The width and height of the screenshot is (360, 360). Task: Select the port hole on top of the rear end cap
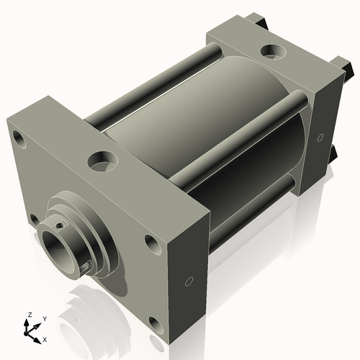click(272, 51)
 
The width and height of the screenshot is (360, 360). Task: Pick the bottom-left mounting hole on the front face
click(34, 218)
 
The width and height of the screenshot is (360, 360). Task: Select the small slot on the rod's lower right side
click(87, 267)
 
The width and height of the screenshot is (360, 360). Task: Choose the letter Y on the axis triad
click(44, 318)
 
